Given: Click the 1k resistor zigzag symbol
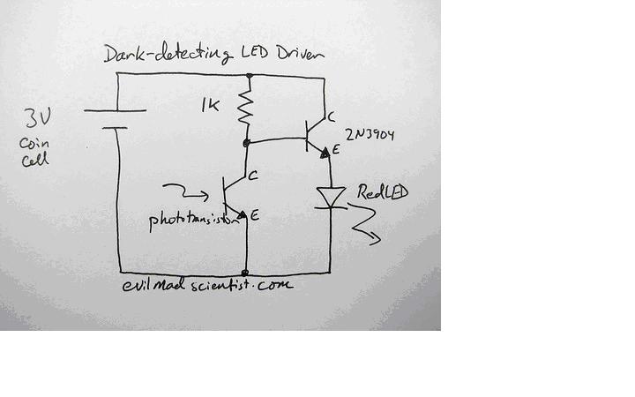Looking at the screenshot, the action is [x=245, y=108].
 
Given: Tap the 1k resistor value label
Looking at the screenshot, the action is [x=210, y=105].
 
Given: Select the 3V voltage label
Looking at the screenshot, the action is [x=38, y=119].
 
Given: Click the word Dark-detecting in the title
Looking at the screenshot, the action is [x=168, y=55].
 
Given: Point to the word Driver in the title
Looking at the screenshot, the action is [x=301, y=54].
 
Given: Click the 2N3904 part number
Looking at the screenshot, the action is [x=370, y=134].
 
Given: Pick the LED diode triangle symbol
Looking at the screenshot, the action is [x=331, y=198].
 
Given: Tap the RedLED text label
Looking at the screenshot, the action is [x=382, y=192].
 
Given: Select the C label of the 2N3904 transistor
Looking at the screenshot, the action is [x=331, y=117].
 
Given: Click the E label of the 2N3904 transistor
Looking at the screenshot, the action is [x=335, y=149].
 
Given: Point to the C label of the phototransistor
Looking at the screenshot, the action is [x=253, y=176].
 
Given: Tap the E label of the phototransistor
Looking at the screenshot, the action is [x=254, y=215].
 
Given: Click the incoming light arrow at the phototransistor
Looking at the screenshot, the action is [x=185, y=192].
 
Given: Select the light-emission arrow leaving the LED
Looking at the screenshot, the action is [x=364, y=224].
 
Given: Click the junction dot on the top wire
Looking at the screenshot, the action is [x=250, y=76].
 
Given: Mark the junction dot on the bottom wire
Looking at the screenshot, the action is [x=244, y=273].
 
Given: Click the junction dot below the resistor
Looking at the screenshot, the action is [x=246, y=143].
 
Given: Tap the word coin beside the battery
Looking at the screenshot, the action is [x=34, y=144].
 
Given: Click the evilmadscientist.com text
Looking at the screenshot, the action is [x=207, y=285].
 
